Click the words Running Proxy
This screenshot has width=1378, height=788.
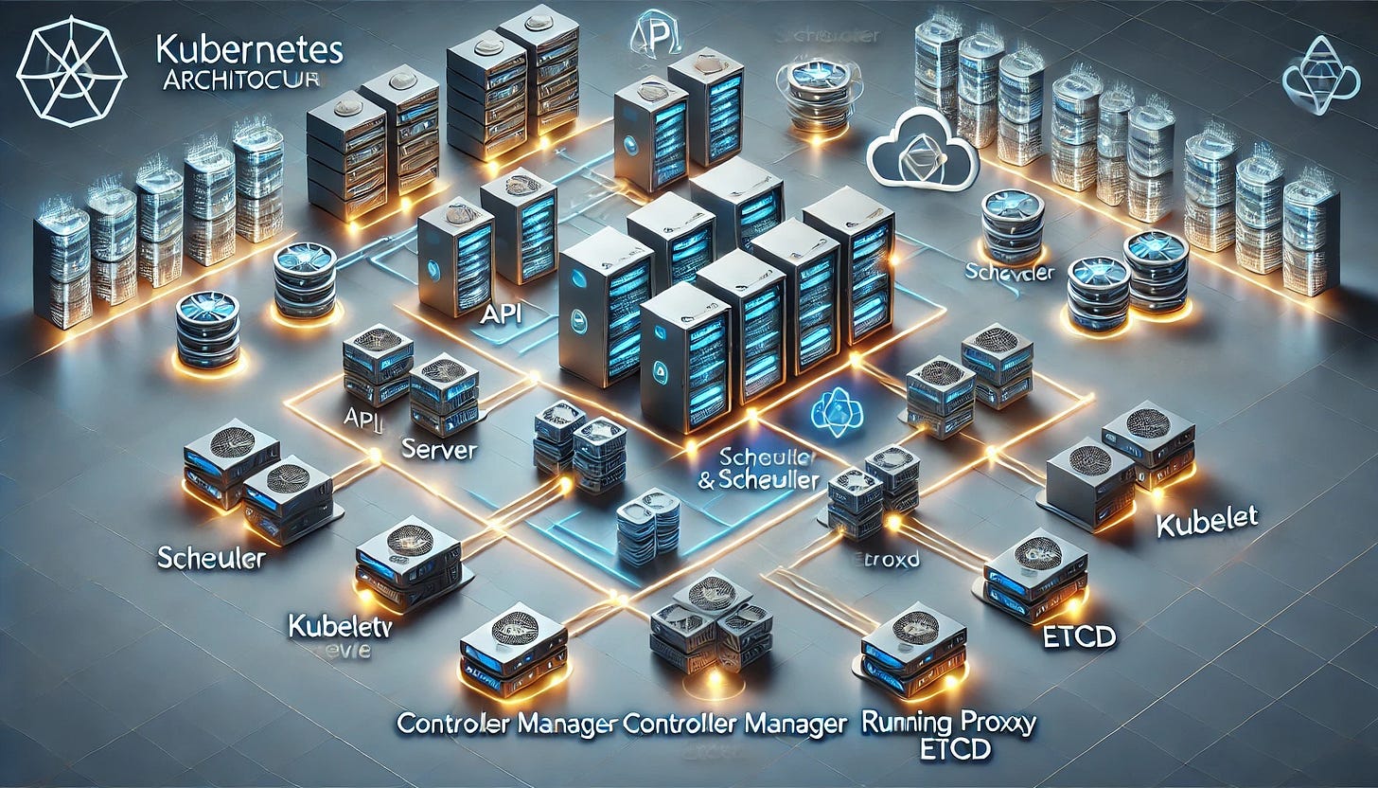tap(949, 725)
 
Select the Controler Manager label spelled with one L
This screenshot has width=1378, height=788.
tap(507, 725)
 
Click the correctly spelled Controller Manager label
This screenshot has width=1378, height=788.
tap(734, 725)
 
